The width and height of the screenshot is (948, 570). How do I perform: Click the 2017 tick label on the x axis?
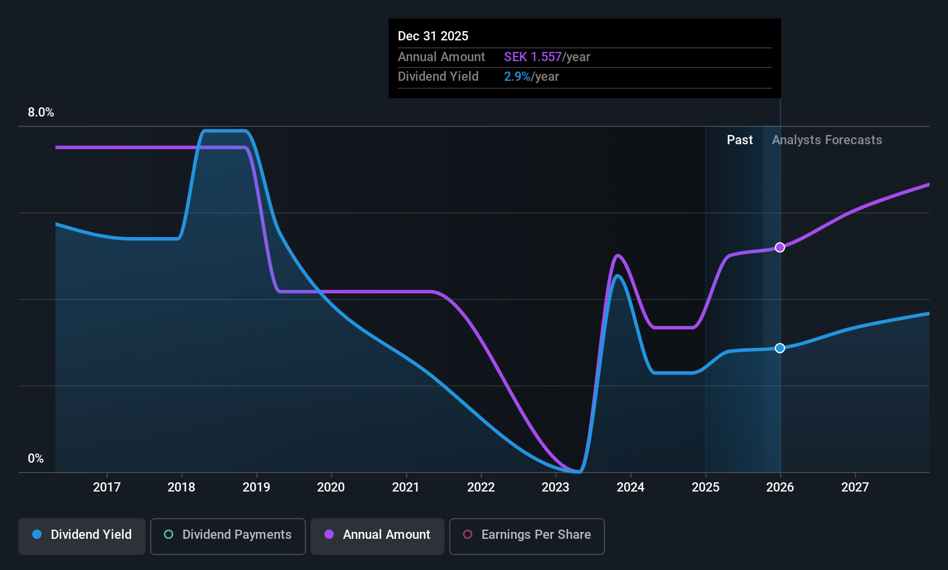(x=107, y=487)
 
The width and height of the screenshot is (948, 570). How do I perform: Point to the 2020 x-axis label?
(x=331, y=487)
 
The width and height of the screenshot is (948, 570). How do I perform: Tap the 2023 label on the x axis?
(x=555, y=487)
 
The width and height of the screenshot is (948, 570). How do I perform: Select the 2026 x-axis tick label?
(x=780, y=487)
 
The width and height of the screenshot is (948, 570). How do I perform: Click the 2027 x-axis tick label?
(x=855, y=487)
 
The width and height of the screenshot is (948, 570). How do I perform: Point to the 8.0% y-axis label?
(x=41, y=112)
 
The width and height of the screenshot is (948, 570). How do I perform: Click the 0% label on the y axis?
(x=36, y=459)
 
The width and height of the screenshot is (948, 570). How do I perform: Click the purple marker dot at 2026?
(x=780, y=247)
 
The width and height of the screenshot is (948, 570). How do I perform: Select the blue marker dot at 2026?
(x=780, y=348)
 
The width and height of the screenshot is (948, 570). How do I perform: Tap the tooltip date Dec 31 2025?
(x=433, y=36)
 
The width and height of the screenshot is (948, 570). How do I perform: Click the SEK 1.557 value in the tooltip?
(x=532, y=57)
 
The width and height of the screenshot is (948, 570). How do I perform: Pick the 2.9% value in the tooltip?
(x=517, y=77)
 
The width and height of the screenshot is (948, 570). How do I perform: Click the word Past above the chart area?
(x=740, y=140)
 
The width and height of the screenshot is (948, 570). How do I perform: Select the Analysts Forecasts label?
(x=827, y=140)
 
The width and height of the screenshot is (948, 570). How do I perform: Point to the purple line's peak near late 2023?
(x=618, y=255)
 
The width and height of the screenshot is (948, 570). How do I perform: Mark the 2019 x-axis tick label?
(x=256, y=487)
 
